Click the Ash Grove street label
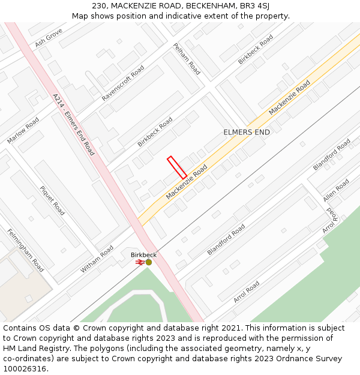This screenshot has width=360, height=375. click(x=49, y=38)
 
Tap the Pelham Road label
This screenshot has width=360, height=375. click(x=186, y=58)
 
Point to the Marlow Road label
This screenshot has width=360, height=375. click(x=23, y=130)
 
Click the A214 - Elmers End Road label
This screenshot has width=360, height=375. click(x=73, y=124)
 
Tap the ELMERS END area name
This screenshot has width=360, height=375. click(x=247, y=132)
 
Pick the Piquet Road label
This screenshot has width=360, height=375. click(x=52, y=200)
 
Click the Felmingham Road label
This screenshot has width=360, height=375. click(x=25, y=250)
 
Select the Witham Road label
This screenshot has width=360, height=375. click(x=97, y=259)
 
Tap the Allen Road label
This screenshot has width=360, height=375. click(x=337, y=190)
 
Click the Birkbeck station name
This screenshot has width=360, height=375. click(x=143, y=255)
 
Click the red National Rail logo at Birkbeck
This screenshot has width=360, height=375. click(x=140, y=262)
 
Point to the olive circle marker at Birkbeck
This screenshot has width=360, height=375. click(x=149, y=262)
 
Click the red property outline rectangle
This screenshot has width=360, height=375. click(x=177, y=167)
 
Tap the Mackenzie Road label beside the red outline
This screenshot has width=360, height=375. click(x=187, y=182)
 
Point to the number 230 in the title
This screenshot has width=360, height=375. click(x=100, y=5)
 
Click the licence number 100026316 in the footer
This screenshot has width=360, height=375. click(x=25, y=368)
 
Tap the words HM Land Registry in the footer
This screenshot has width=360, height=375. click(x=34, y=348)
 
